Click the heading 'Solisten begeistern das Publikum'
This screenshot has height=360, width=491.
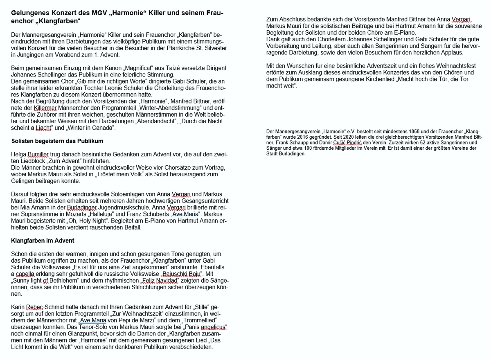coord(57,141)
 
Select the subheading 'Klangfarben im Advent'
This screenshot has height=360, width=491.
coord(43,241)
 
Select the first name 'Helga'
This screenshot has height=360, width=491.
coord(18,154)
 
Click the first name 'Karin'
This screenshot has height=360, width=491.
coord(18,307)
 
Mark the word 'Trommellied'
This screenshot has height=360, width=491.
coord(200,320)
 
